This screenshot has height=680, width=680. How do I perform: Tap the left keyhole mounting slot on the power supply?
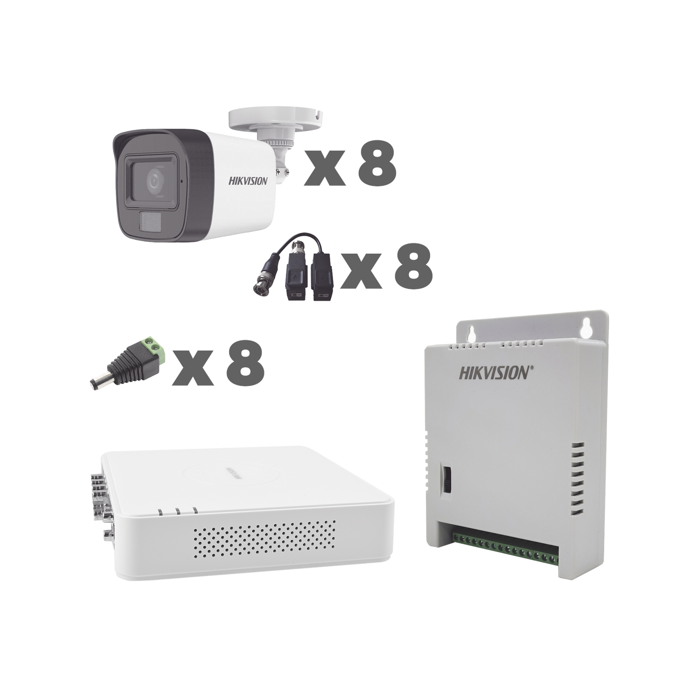[470, 333]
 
